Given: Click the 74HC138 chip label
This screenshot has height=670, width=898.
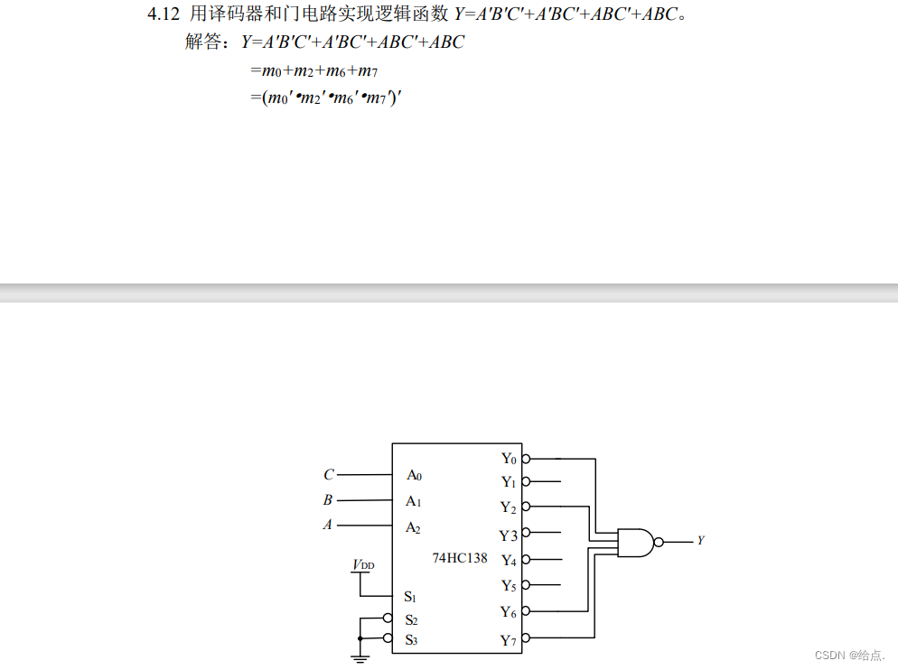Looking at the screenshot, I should pyautogui.click(x=459, y=558).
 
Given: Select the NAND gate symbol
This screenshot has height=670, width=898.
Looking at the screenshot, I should pyautogui.click(x=634, y=542).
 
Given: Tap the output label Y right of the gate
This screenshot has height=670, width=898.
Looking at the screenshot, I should pyautogui.click(x=700, y=541).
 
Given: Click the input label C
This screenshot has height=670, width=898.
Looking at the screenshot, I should pyautogui.click(x=328, y=475).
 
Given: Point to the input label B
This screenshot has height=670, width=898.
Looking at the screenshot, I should pyautogui.click(x=328, y=500).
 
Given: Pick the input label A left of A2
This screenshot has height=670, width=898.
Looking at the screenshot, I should pyautogui.click(x=328, y=525).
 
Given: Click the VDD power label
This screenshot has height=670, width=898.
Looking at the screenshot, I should pyautogui.click(x=363, y=565).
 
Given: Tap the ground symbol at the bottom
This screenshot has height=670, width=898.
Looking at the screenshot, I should pyautogui.click(x=360, y=658).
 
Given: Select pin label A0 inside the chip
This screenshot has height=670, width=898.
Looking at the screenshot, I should pyautogui.click(x=414, y=475).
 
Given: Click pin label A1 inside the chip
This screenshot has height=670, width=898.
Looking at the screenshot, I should pyautogui.click(x=414, y=501).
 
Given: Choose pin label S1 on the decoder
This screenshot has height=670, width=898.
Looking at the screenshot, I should pyautogui.click(x=410, y=597).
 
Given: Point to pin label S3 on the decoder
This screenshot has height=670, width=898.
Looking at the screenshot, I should pyautogui.click(x=411, y=640).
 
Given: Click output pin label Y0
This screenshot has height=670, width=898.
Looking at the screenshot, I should pyautogui.click(x=509, y=459).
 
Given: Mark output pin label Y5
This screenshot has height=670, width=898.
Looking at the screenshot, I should pyautogui.click(x=509, y=586).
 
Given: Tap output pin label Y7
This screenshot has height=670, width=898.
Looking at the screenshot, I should pyautogui.click(x=509, y=641).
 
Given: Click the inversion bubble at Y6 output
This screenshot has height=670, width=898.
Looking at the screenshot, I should pyautogui.click(x=526, y=611).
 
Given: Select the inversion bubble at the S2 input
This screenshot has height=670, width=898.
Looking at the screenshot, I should pyautogui.click(x=388, y=619).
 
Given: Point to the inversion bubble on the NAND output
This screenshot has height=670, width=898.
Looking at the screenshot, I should pyautogui.click(x=659, y=542).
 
